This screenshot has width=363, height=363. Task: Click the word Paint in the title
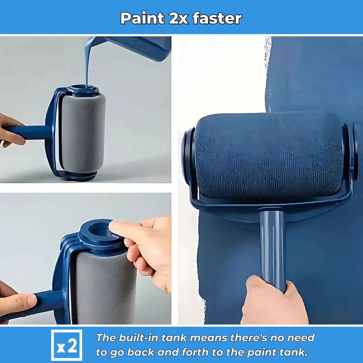142,18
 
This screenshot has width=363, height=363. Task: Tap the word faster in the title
217,18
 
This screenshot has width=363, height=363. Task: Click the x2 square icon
66,345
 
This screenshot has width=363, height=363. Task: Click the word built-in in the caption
138,338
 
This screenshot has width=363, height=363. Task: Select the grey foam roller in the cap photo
104,287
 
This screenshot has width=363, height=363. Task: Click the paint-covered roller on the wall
269,155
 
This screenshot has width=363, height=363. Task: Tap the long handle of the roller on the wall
273,250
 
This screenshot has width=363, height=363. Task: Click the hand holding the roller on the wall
273,301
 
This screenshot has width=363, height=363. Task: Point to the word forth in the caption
195,352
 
